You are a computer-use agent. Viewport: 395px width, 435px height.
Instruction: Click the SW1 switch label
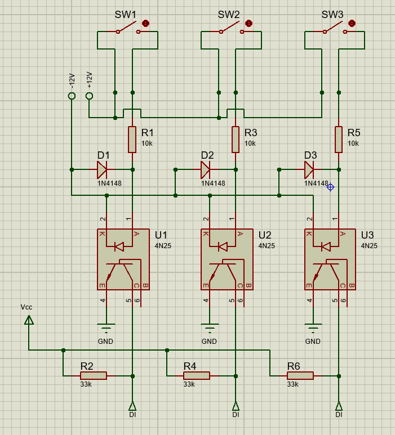pyautogui.click(x=126, y=14)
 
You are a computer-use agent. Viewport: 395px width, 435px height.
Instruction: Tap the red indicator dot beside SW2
pyautogui.click(x=249, y=23)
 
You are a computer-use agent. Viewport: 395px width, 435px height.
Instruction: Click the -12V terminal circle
pyautogui.click(x=72, y=96)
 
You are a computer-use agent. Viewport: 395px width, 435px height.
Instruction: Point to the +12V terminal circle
pyautogui.click(x=89, y=96)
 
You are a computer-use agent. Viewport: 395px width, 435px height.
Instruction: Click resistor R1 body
pyautogui.click(x=132, y=140)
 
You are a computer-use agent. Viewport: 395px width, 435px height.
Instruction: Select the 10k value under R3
pyautogui.click(x=250, y=143)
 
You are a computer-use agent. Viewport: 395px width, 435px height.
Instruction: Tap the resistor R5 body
pyautogui.click(x=339, y=140)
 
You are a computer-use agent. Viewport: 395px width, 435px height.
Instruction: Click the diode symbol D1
pyautogui.click(x=102, y=169)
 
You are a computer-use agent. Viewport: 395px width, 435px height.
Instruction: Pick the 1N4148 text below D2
pyautogui.click(x=213, y=183)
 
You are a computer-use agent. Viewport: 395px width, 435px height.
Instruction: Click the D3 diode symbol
pyautogui.click(x=309, y=169)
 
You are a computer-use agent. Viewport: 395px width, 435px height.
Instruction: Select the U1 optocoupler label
pyautogui.click(x=161, y=235)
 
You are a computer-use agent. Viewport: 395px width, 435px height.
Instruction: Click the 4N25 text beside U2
pyautogui.click(x=267, y=246)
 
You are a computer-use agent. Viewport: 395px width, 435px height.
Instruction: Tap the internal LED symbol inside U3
pyautogui.click(x=325, y=246)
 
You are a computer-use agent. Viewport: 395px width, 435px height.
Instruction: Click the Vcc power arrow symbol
pyautogui.click(x=29, y=320)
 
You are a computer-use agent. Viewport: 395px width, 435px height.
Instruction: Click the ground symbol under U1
pyautogui.click(x=105, y=327)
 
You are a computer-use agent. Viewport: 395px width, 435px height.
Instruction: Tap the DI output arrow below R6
pyautogui.click(x=339, y=406)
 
